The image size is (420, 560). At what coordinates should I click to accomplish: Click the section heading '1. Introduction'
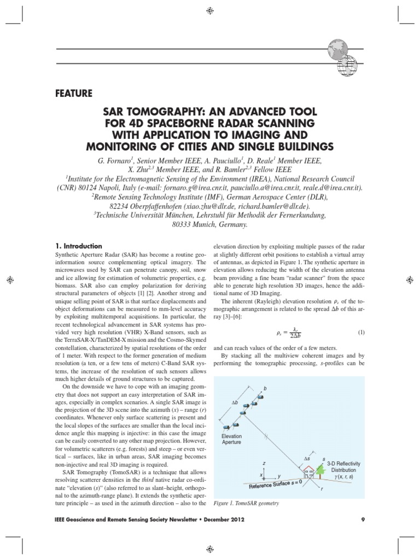(79, 246)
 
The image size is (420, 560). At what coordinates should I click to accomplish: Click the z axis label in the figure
(264, 463)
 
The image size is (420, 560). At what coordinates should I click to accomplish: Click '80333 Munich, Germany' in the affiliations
(210, 224)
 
